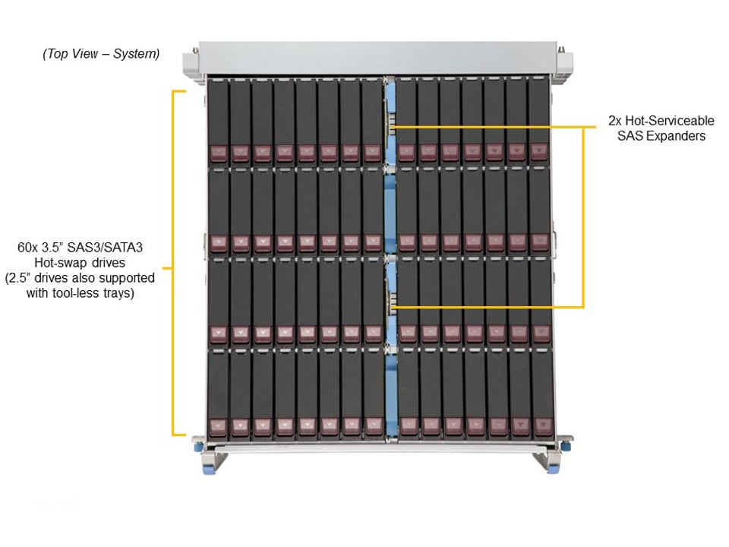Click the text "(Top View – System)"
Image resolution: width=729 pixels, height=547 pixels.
[x=102, y=54]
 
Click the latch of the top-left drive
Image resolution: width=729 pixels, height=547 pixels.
[x=218, y=153]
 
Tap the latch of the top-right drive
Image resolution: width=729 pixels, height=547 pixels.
[x=539, y=152]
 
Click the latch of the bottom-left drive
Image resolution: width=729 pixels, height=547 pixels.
[x=218, y=425]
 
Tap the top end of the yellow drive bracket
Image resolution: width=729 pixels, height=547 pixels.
[x=181, y=92]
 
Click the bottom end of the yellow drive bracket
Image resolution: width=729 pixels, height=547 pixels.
[x=181, y=435]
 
